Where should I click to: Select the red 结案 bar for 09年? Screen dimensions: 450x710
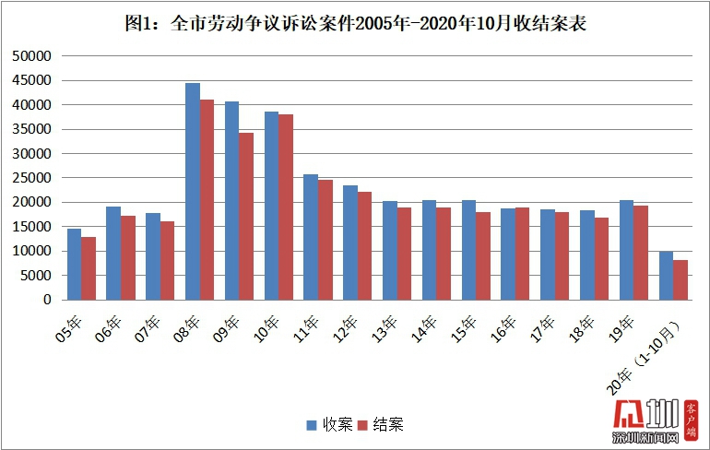pos(245,217)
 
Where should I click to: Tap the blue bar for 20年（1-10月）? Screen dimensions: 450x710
pos(666,276)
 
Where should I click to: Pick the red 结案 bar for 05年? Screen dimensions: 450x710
pos(88,268)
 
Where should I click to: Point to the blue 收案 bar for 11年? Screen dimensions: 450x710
pos(311,237)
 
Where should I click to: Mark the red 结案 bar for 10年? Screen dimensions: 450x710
pos(285,207)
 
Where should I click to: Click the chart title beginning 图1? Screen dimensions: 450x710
pos(355,23)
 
